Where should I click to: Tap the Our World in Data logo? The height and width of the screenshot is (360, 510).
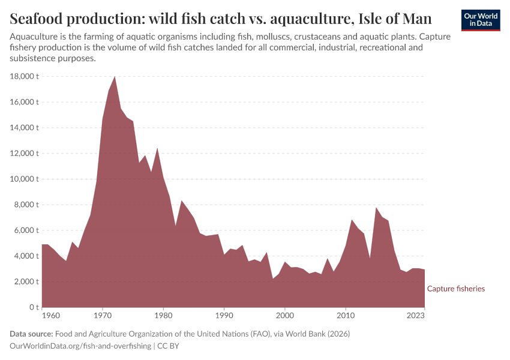480,20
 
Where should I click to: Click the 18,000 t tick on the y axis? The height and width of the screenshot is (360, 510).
24,76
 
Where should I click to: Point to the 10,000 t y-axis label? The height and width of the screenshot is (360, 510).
24,179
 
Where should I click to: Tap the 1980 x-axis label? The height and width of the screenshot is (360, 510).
163,314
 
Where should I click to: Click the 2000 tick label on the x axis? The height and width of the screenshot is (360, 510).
284,314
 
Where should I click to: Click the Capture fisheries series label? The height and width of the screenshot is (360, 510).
455,289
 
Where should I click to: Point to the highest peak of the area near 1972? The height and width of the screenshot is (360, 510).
115,77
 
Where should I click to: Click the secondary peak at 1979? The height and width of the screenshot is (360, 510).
157,148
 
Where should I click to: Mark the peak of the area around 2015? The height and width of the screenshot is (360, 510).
376,208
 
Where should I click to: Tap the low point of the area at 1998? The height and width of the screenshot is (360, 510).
272,278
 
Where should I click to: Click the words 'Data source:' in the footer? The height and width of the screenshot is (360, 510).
31,334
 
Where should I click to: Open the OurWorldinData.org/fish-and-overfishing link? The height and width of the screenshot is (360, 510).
80,346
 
